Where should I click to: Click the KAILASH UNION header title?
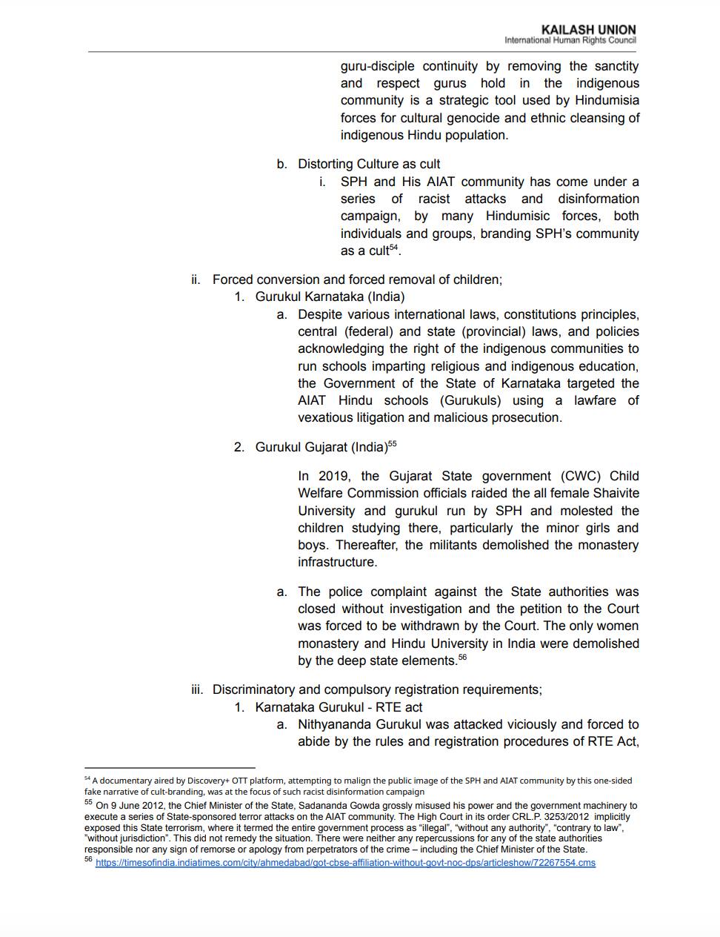pos(588,30)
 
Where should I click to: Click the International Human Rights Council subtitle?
pos(570,40)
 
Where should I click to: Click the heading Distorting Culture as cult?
pos(369,164)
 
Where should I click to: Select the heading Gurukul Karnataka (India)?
pos(330,297)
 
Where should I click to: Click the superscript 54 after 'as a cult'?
pos(394,248)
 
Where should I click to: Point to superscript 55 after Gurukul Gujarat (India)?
pos(393,444)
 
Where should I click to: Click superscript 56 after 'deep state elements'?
pos(462,658)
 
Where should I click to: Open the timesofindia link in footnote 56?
pos(345,863)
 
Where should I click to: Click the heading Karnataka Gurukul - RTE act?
pos(339,707)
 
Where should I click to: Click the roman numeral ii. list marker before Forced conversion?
pos(196,279)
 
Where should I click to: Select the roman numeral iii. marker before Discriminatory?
pos(197,689)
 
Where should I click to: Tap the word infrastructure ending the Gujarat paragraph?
pos(337,562)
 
